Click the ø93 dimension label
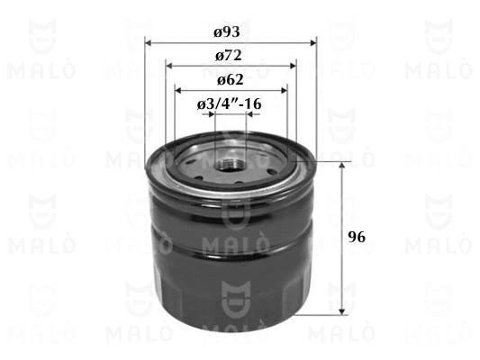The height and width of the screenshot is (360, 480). click(227, 32)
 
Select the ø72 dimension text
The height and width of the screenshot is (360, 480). click(229, 56)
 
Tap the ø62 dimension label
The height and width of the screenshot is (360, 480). click(231, 80)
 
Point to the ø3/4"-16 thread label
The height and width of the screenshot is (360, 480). click(229, 104)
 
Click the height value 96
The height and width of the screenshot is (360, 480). click(357, 237)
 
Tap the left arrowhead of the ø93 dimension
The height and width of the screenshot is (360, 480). click(149, 43)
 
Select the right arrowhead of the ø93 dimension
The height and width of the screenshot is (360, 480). click(313, 43)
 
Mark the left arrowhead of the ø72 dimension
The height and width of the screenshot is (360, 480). click(169, 66)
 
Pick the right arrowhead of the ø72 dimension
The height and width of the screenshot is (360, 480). click(293, 66)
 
